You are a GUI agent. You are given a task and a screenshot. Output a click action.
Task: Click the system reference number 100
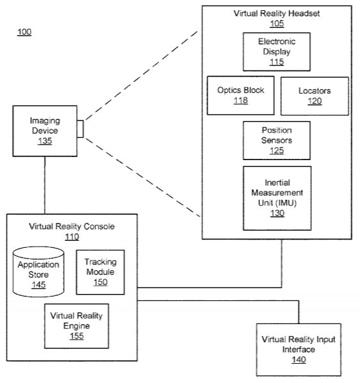point(24,32)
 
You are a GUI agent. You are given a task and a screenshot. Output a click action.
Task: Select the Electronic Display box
point(277,52)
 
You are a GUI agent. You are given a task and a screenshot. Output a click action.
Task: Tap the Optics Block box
point(241,95)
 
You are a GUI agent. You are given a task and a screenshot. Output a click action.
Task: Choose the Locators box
point(315,96)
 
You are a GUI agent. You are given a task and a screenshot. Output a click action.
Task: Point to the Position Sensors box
point(277,140)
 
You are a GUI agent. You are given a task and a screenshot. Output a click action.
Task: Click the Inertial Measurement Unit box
point(277,198)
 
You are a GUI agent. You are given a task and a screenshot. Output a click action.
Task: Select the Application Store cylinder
point(38,272)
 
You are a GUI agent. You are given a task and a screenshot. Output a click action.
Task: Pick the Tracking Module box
point(101,272)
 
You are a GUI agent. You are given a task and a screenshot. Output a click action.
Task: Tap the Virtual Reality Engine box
point(77,326)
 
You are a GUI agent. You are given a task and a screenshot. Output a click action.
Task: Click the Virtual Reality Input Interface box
point(299,350)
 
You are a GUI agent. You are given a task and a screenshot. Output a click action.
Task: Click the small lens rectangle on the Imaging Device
point(80,129)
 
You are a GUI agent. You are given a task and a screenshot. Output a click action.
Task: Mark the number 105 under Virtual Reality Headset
point(277,24)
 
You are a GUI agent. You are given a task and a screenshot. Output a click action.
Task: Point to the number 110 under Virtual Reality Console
point(72,237)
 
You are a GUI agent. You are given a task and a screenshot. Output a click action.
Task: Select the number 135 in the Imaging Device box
point(45,141)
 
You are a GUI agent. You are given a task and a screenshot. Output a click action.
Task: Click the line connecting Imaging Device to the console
point(45,185)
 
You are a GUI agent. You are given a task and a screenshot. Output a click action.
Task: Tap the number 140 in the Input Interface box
point(299,359)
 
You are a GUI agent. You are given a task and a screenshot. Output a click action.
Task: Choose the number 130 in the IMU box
point(277,213)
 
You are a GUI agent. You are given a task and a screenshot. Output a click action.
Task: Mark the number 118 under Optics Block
point(241,101)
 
